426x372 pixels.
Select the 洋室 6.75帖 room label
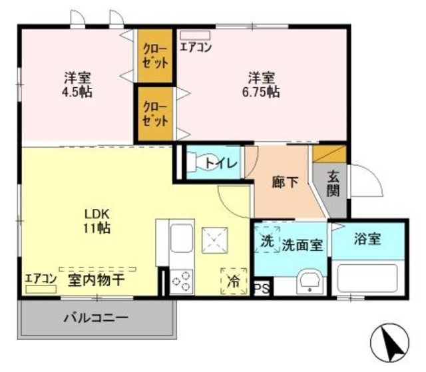tap(264, 84)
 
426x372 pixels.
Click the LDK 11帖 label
tap(97, 221)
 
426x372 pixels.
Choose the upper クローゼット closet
tap(155, 58)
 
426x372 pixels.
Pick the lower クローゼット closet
tap(155, 114)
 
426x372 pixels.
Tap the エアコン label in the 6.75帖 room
tap(196, 48)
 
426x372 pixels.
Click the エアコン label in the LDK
tap(40, 279)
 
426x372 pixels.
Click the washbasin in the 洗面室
tap(308, 281)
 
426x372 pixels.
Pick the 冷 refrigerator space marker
tap(234, 281)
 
